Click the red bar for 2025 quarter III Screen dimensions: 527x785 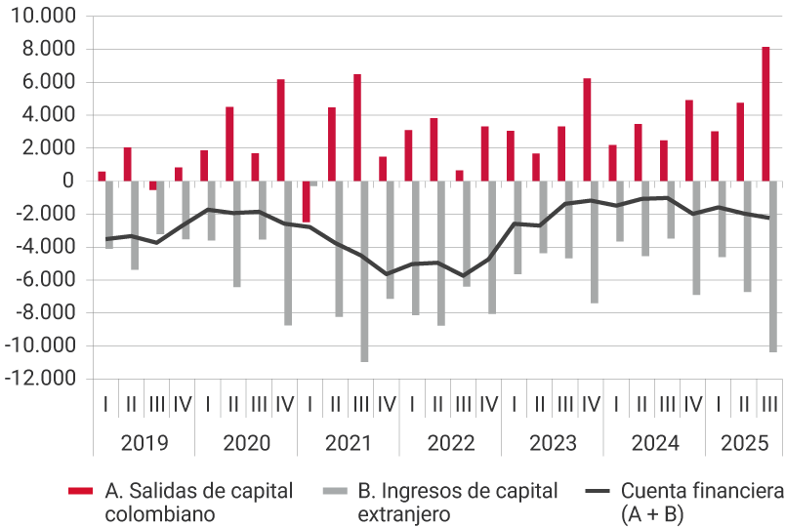[765, 113]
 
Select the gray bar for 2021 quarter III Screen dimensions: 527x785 [364, 271]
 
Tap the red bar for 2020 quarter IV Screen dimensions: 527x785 [280, 130]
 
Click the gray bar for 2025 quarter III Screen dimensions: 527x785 [773, 265]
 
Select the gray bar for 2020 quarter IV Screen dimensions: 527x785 [288, 253]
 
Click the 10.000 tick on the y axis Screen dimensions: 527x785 [48, 17]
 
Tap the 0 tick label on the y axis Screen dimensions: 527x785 [67, 181]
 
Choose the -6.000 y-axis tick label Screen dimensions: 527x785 [48, 280]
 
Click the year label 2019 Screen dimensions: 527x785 [144, 443]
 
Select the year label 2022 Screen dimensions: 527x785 [450, 443]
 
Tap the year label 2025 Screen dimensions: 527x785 [744, 443]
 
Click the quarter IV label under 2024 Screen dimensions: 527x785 [692, 403]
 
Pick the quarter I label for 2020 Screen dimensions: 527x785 [207, 403]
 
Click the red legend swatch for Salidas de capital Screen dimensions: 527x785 [81, 490]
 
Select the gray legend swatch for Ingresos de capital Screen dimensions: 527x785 [337, 490]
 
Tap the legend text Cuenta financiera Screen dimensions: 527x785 [702, 491]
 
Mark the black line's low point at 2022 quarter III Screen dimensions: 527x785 [464, 276]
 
